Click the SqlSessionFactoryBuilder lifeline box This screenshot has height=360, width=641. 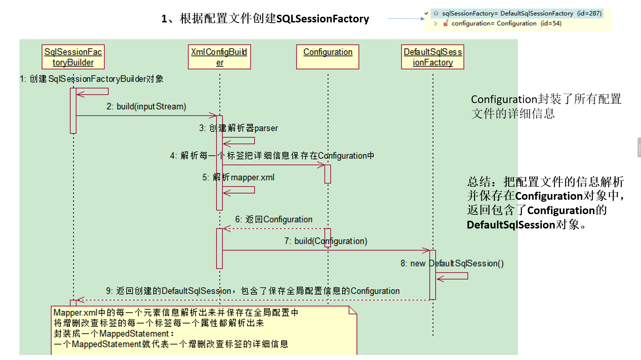tap(73, 57)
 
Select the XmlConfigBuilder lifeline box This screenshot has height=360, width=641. tap(219, 57)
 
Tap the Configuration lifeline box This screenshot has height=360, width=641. tap(327, 57)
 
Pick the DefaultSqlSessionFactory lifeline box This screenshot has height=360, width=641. tap(432, 57)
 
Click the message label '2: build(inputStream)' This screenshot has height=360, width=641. tap(146, 106)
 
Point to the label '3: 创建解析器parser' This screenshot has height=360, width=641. tap(238, 128)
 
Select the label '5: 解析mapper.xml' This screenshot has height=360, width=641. tap(238, 177)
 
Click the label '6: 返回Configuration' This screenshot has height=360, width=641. tap(274, 219)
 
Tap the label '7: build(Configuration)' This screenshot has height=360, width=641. tap(326, 241)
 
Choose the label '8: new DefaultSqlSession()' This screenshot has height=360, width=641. tap(452, 264)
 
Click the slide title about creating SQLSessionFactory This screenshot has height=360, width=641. tap(265, 19)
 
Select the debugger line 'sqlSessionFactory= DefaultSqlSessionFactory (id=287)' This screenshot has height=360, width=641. tap(521, 13)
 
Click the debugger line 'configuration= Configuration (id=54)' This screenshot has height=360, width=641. tap(506, 23)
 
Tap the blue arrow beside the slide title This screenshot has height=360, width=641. tap(406, 19)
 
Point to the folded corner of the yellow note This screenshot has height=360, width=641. tap(352, 310)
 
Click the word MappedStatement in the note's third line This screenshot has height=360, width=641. tap(134, 334)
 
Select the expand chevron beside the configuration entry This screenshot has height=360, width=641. tap(435, 23)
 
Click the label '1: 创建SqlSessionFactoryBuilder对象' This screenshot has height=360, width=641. tap(91, 79)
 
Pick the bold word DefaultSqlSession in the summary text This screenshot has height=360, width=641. tap(511, 225)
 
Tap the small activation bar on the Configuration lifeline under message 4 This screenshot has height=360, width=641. tap(327, 174)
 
